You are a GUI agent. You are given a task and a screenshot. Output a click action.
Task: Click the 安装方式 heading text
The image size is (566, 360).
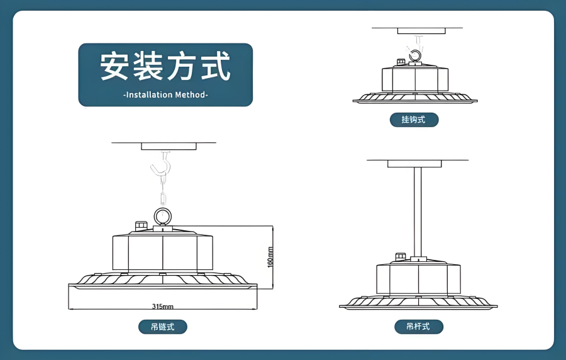(x=165, y=67)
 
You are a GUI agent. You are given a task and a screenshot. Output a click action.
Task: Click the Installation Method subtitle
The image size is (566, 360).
(x=165, y=95)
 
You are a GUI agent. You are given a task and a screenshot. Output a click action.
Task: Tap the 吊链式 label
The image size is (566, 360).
(x=163, y=327)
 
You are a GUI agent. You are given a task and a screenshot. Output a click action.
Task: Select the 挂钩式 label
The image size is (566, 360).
(x=413, y=119)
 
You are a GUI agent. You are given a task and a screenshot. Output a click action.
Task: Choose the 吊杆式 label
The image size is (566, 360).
(x=418, y=327)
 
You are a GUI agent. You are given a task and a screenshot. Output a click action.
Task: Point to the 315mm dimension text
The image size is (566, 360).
(x=163, y=307)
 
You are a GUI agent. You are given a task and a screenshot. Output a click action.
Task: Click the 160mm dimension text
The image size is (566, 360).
(x=270, y=256)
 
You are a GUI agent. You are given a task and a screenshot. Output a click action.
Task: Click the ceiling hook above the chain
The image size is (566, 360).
(x=162, y=167)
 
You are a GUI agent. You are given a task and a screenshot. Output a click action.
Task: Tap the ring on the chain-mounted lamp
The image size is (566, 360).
(x=162, y=217)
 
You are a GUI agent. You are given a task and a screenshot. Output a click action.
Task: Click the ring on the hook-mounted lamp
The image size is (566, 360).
(x=415, y=57)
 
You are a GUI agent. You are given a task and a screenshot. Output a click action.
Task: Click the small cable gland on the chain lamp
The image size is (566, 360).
(x=141, y=225)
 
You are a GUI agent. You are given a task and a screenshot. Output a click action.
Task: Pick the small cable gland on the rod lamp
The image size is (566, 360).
(x=399, y=256)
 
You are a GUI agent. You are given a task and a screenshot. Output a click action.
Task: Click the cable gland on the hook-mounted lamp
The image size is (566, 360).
(x=399, y=62)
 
